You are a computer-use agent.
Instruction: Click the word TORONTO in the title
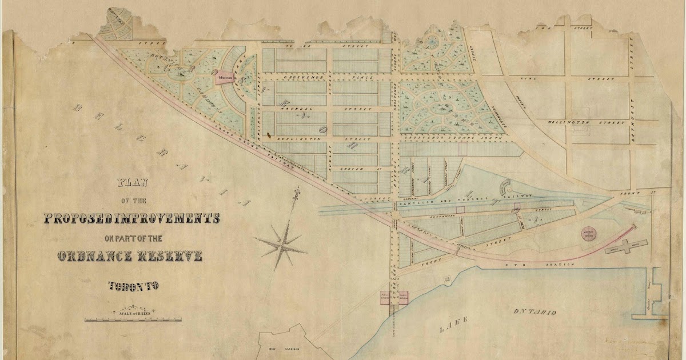tap(133, 286)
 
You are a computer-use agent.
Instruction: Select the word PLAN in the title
tap(133, 183)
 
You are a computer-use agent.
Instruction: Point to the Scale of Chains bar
tap(133, 319)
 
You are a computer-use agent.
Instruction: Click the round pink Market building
tap(588, 235)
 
